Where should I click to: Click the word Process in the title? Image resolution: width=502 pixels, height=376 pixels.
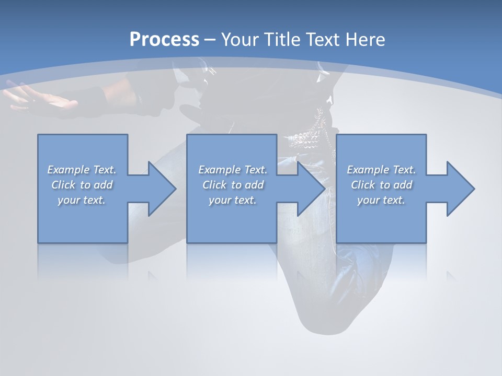click(164, 40)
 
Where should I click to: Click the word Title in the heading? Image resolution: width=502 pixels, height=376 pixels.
click(282, 40)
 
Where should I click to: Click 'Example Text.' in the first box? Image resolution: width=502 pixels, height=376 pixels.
click(82, 170)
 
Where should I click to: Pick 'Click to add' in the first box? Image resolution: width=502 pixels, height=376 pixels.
click(82, 185)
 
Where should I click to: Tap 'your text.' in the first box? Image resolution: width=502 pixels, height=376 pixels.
click(82, 200)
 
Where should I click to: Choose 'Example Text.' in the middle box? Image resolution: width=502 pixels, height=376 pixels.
click(233, 170)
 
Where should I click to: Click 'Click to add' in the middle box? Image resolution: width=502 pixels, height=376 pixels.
click(233, 185)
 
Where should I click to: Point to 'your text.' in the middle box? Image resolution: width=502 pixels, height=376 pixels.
click(233, 200)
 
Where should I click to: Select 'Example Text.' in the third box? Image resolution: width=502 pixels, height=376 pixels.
click(381, 170)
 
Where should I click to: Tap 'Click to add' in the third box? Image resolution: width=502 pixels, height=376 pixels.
click(381, 185)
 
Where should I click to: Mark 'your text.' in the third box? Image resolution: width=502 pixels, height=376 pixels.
click(381, 200)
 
